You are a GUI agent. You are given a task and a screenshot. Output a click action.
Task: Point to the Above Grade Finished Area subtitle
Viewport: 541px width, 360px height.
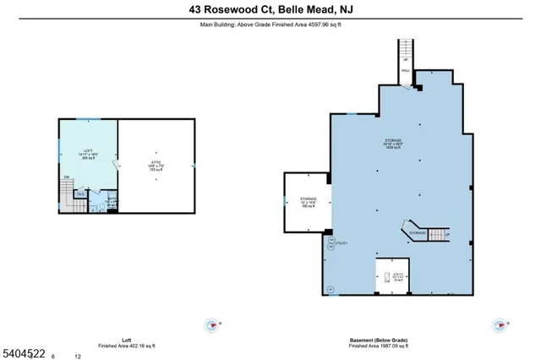(x=270, y=25)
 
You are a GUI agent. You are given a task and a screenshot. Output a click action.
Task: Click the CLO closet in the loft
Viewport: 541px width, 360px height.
(x=80, y=194)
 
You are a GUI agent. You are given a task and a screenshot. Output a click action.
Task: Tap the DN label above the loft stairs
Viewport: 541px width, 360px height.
(x=66, y=177)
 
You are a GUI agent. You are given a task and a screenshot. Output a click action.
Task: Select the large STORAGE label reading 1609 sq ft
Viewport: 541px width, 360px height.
(x=391, y=143)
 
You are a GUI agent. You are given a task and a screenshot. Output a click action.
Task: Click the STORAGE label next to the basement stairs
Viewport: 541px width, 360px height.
(x=418, y=232)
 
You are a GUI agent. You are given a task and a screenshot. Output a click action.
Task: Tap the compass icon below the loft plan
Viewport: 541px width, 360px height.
(x=210, y=324)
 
